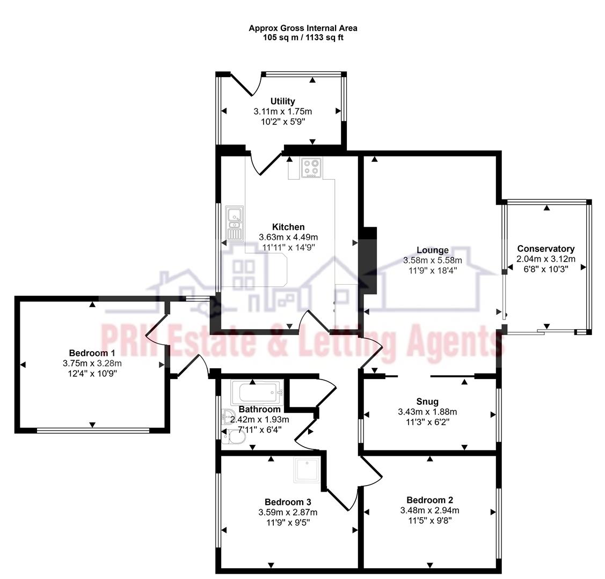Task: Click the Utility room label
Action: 282,101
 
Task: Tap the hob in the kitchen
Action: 311,168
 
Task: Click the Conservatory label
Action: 545,249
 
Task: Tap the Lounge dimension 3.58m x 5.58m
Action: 432,261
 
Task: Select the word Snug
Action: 427,402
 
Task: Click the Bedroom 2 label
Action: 429,500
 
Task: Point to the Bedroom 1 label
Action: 92,353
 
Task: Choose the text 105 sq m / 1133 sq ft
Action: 303,38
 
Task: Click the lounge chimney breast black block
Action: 369,260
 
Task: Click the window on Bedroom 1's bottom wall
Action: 92,430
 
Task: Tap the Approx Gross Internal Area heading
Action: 303,28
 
